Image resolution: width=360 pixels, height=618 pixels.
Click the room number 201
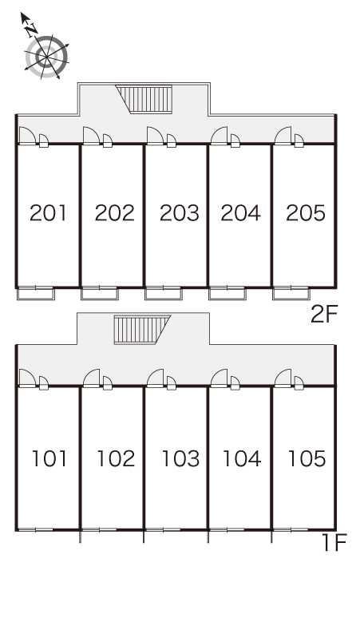tap(48, 213)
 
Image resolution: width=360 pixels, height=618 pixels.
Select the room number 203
tap(180, 213)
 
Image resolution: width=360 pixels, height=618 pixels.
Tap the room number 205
tap(306, 213)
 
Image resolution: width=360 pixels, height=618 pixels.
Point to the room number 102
tap(116, 458)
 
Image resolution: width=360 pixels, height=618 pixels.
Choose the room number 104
tap(242, 458)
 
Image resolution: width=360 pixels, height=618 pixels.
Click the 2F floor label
tap(324, 314)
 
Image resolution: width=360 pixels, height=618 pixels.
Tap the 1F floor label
tap(334, 542)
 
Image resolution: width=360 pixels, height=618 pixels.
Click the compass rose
tap(47, 57)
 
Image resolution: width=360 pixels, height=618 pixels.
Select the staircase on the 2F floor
tap(144, 99)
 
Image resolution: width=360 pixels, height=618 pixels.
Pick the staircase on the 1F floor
tap(142, 330)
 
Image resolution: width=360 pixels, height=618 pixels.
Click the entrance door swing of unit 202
tap(91, 136)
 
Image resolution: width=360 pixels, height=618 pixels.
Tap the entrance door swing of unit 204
tap(219, 136)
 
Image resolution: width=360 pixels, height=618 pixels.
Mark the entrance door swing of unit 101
tap(27, 378)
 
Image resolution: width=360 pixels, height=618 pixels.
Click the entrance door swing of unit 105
tap(283, 378)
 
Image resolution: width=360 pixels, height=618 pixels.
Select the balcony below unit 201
tap(35, 294)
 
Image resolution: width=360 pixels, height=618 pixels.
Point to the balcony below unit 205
tap(291, 294)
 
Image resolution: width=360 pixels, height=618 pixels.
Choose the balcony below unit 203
tap(164, 294)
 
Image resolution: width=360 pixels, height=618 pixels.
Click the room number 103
tap(180, 458)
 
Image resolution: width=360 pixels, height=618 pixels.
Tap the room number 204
tap(240, 213)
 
